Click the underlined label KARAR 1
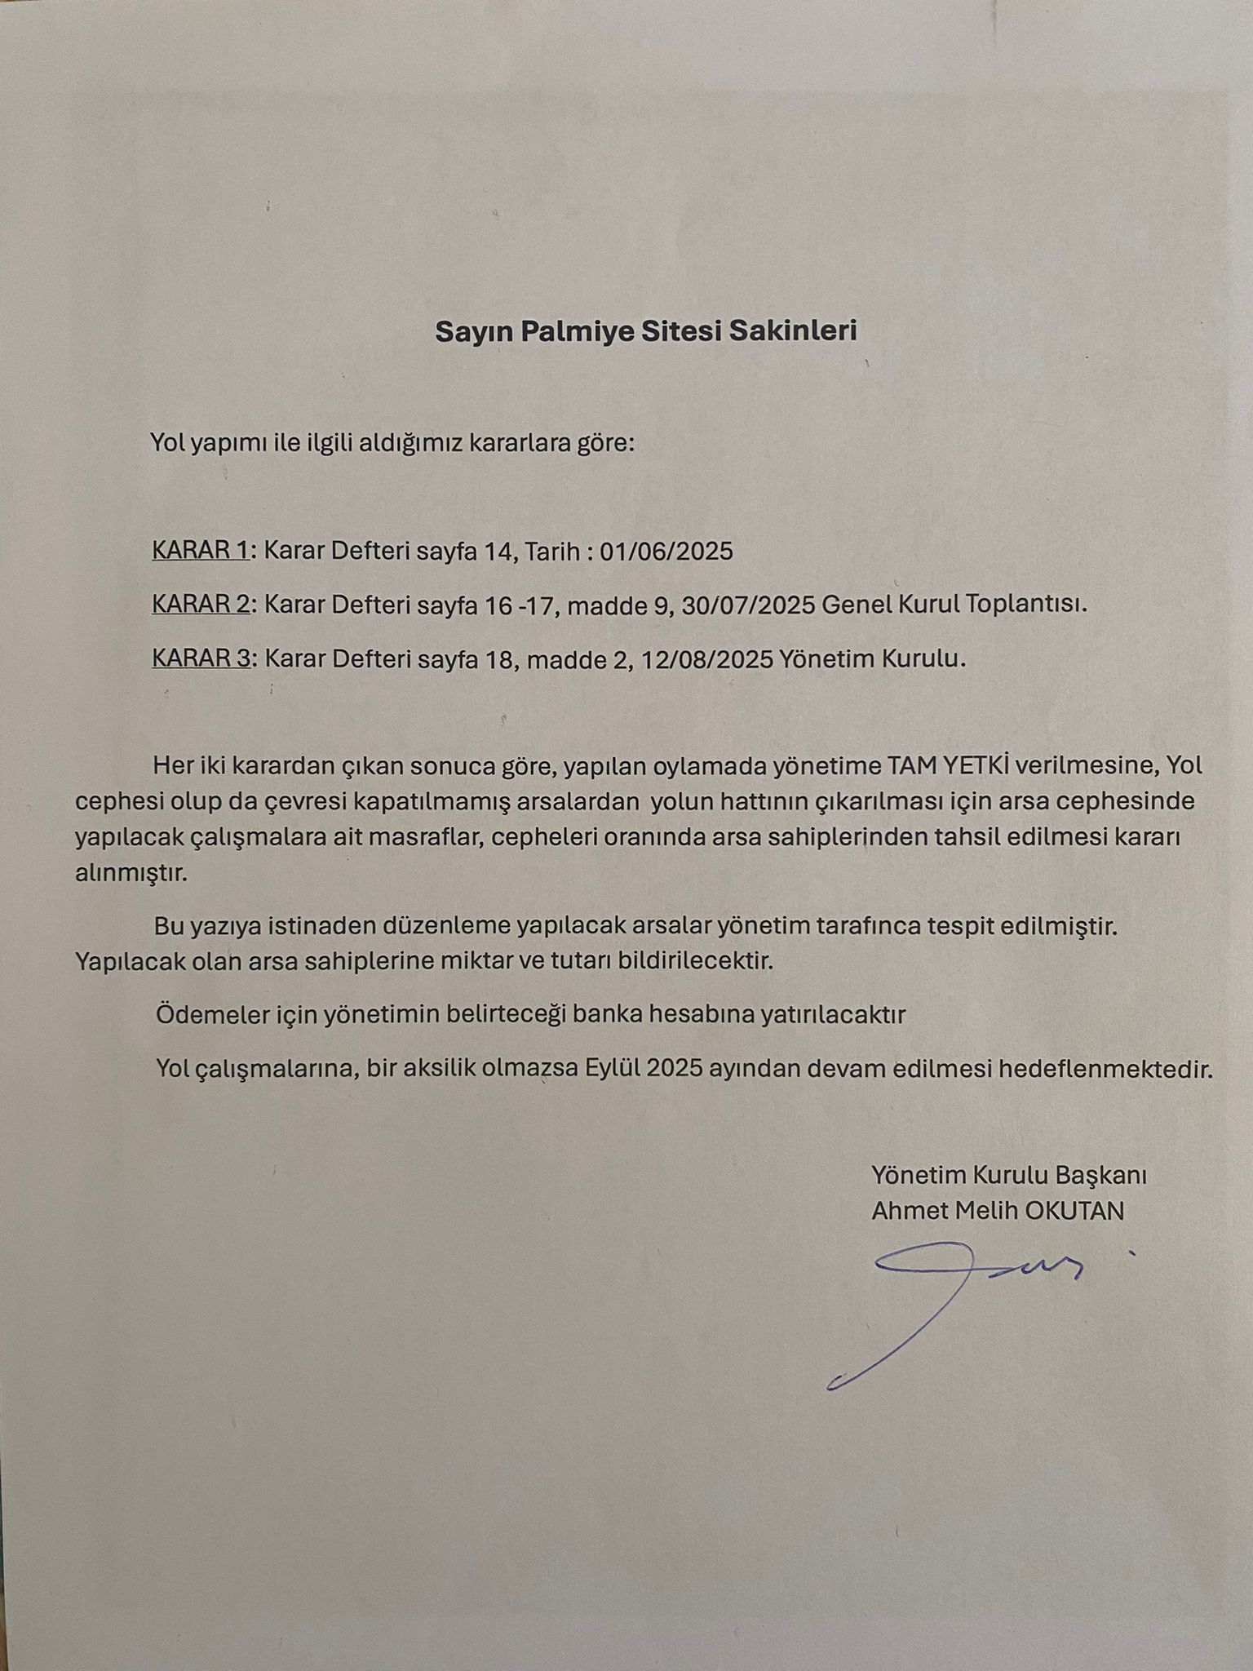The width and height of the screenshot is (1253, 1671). click(x=200, y=552)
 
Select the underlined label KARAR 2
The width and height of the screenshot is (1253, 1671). click(x=200, y=605)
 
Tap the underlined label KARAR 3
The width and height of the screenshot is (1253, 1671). click(x=200, y=658)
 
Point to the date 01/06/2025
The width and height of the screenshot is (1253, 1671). click(x=666, y=552)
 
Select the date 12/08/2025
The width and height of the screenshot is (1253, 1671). click(x=707, y=659)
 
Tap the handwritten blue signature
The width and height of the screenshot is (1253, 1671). click(x=954, y=1305)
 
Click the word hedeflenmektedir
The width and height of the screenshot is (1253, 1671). click(x=1105, y=1069)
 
